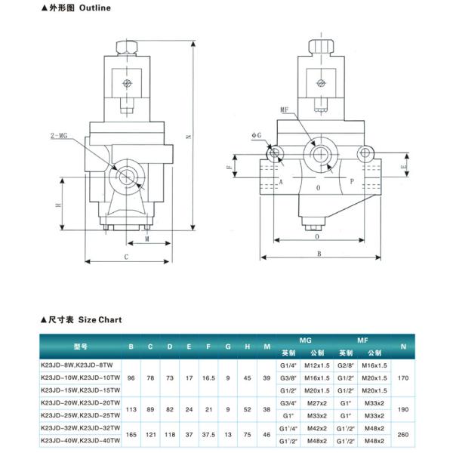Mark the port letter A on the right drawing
point(280,183)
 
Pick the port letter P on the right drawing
point(350,182)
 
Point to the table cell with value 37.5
point(208,436)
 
